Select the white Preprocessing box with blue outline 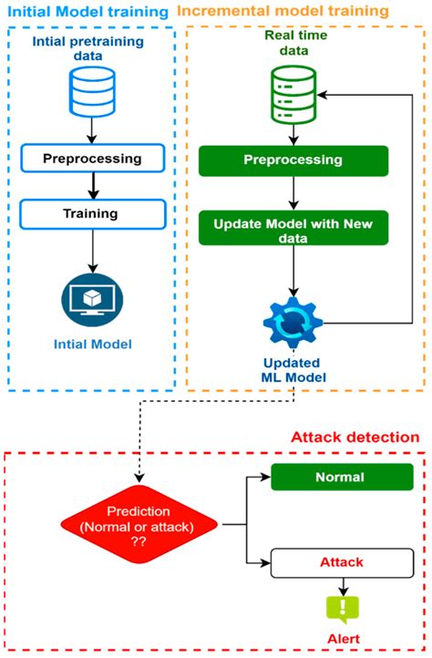pos(92,159)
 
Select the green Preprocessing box pos(293,160)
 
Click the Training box pos(92,214)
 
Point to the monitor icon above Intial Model pos(91,302)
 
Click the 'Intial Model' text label pos(91,344)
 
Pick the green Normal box pos(339,477)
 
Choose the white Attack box pos(339,564)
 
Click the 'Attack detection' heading pos(355,437)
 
